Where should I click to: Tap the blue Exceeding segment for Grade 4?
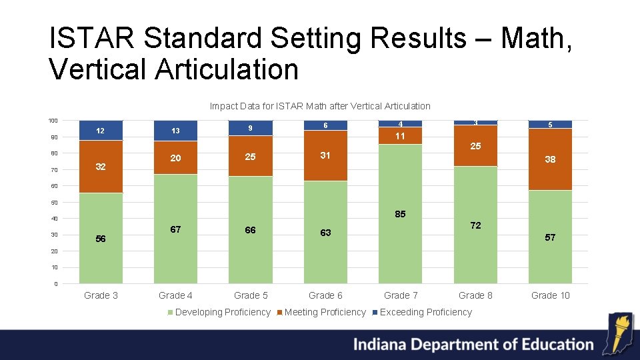175,131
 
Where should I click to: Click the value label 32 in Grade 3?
101,167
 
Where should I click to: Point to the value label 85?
400,215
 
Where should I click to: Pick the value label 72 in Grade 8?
475,226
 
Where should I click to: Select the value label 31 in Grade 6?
325,155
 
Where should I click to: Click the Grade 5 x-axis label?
251,295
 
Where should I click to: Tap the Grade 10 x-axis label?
550,295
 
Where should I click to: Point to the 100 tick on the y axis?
53,121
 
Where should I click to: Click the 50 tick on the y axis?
54,203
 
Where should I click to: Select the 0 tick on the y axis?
56,284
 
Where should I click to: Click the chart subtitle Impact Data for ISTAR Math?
320,106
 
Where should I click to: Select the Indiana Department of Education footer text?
473,345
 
